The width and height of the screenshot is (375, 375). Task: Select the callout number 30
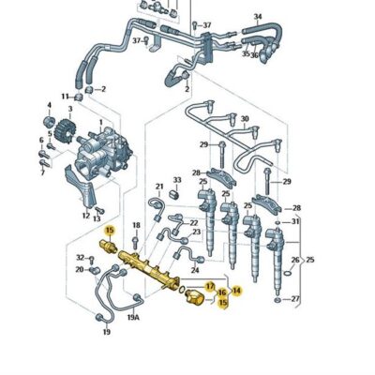246,119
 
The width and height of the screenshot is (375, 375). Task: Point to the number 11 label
67,97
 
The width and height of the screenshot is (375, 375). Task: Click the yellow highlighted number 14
236,291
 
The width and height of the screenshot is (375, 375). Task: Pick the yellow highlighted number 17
210,285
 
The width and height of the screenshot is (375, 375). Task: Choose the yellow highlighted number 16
222,293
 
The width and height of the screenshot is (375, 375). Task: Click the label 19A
134,318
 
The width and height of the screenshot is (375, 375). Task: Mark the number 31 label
296,221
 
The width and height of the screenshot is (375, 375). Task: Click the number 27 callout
297,300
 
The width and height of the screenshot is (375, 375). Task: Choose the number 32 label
80,257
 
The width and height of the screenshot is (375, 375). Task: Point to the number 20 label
80,270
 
